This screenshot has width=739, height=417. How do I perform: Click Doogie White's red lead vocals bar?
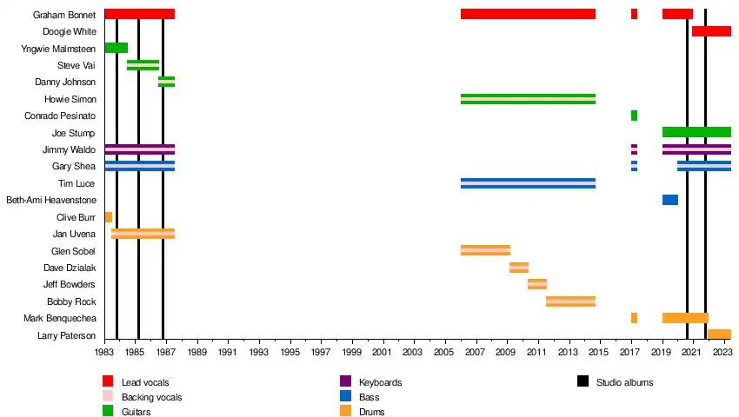tap(711, 31)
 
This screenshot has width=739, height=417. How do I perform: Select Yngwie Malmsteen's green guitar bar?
tap(117, 48)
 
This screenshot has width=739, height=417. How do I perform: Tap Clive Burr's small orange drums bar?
tap(109, 217)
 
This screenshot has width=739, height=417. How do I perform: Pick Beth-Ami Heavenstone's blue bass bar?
tap(670, 200)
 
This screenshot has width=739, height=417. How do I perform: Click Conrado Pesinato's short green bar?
tap(634, 116)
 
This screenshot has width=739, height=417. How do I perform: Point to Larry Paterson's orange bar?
tap(719, 334)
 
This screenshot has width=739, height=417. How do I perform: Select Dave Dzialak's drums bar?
tap(519, 268)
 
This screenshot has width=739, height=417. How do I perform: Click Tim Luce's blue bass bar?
tap(528, 183)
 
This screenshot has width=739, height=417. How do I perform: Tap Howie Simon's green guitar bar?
tap(528, 99)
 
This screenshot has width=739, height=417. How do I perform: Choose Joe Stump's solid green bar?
tap(696, 132)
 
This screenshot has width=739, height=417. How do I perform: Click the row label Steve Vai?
tap(77, 65)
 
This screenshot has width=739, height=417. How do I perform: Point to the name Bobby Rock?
tap(71, 301)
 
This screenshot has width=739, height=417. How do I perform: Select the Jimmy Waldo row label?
tap(69, 149)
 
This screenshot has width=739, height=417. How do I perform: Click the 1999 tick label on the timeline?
tap(351, 352)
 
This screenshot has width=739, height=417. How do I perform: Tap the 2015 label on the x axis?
tap(598, 352)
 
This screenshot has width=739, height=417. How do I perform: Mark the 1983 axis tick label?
tap(105, 352)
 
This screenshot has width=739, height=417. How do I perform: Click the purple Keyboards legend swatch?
tap(345, 381)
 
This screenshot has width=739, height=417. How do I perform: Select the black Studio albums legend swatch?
tap(583, 381)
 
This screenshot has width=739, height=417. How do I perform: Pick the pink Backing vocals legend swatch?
tap(108, 396)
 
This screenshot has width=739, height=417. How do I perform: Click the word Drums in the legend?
tap(371, 412)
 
